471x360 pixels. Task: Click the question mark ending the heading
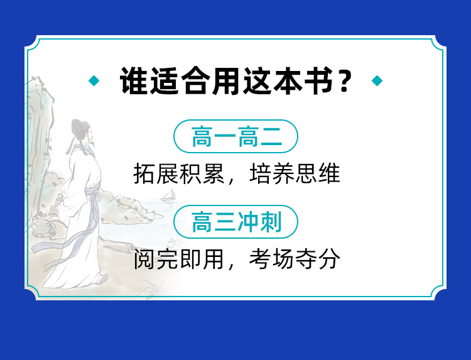click(344, 81)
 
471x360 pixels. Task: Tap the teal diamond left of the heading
click(94, 80)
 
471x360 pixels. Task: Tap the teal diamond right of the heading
click(377, 80)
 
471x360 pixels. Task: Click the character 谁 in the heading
click(134, 81)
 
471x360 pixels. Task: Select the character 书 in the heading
click(318, 81)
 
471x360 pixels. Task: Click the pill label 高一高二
click(235, 136)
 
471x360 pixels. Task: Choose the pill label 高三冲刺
click(235, 222)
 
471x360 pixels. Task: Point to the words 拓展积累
click(180, 173)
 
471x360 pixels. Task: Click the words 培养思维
click(295, 173)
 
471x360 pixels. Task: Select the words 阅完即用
click(180, 259)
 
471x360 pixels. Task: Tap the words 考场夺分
click(295, 259)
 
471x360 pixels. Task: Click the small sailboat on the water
click(169, 196)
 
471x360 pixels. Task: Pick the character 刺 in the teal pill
click(270, 222)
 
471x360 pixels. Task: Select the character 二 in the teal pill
click(271, 136)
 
